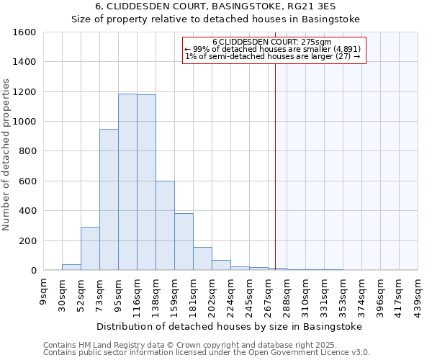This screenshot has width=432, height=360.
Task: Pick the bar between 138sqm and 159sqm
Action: (x=165, y=225)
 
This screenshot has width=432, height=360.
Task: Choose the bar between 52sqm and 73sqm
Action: (x=90, y=248)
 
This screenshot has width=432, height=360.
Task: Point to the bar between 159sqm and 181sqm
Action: (x=184, y=241)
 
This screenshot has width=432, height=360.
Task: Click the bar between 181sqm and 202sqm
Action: (x=202, y=258)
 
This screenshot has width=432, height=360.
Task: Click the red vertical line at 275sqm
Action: (x=275, y=180)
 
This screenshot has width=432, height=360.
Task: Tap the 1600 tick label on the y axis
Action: (x=24, y=32)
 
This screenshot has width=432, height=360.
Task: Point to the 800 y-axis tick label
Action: (x=27, y=151)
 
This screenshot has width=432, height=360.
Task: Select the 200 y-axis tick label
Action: (x=27, y=240)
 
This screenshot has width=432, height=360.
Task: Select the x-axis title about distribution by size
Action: (x=230, y=326)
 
